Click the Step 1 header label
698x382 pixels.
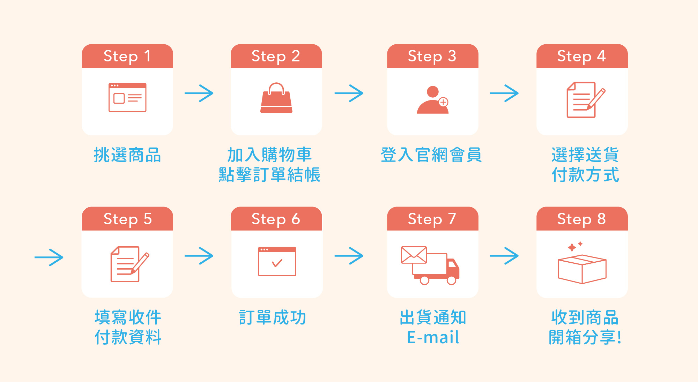point(127,56)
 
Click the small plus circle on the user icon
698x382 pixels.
point(443,102)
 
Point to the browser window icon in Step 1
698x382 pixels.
point(127,97)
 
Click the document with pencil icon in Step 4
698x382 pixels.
point(585,100)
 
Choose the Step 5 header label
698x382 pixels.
point(127,219)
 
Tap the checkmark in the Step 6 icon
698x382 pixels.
point(277,263)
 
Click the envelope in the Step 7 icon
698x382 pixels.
point(414,255)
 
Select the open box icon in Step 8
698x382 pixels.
point(582,269)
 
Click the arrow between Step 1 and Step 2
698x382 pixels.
point(199,93)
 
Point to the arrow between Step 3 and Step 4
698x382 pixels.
point(504,93)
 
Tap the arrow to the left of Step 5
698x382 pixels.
point(49,257)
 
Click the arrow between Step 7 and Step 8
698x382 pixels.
point(504,256)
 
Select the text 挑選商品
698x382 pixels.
point(127,155)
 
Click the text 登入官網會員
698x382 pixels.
point(431,155)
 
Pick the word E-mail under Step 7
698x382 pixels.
point(433,337)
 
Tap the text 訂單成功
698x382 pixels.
point(273,317)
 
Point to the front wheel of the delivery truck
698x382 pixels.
point(452,280)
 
